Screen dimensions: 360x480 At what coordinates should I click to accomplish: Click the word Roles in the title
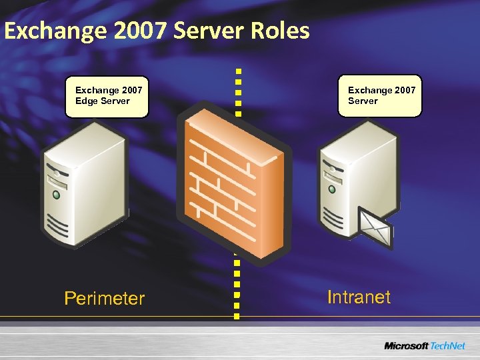click(x=281, y=31)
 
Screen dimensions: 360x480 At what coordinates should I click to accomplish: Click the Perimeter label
click(x=104, y=298)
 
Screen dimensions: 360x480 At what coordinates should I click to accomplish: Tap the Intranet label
click(x=359, y=297)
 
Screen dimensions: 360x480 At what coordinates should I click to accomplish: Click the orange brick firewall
click(x=229, y=180)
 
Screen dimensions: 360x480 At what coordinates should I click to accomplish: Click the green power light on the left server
click(x=57, y=196)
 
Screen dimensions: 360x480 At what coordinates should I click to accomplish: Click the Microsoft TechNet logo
click(x=425, y=346)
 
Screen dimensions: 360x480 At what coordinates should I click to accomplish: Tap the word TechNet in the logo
click(x=448, y=346)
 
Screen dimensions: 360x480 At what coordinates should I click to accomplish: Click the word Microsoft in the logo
click(x=406, y=346)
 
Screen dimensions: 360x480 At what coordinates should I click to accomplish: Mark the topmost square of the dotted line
click(x=238, y=69)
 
